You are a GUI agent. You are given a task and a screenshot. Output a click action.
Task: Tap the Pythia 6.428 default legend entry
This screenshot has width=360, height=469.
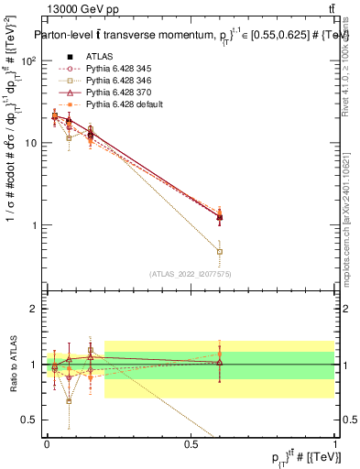tap(125, 104)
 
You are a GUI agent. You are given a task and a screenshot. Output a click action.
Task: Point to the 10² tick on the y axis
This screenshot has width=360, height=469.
tap(28, 60)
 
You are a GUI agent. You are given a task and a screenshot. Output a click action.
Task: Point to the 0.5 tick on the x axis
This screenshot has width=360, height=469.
tap(191, 442)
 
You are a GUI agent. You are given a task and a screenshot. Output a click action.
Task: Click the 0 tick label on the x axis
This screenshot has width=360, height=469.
tap(47, 442)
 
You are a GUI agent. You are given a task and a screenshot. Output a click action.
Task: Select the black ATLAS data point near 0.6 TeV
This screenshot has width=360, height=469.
tap(219, 217)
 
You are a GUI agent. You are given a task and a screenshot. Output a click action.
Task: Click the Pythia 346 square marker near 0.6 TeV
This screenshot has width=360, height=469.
tap(219, 251)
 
